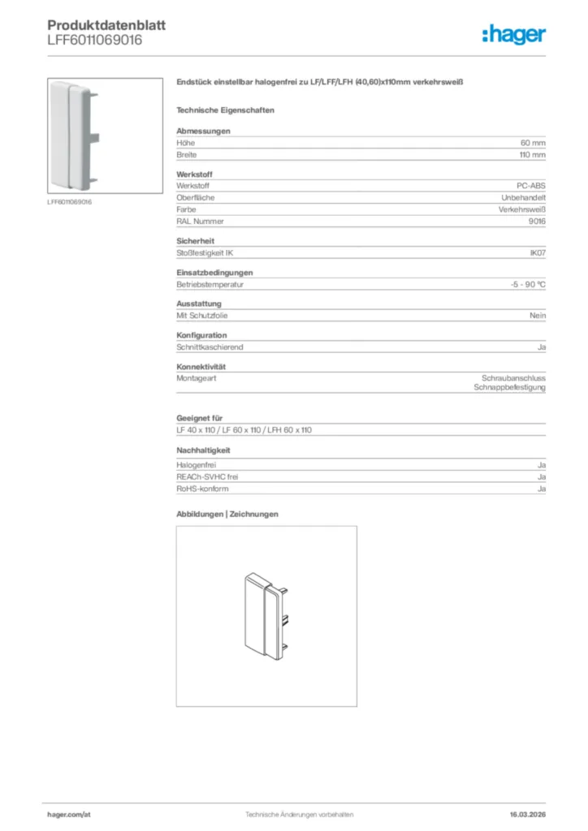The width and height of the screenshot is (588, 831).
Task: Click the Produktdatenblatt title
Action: [x=106, y=25]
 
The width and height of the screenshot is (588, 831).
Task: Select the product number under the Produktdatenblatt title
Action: [x=95, y=40]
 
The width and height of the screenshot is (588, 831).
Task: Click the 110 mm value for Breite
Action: [x=533, y=154]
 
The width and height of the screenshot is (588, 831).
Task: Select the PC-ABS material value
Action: [x=531, y=187]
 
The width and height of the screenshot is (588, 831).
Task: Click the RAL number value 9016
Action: [x=537, y=221]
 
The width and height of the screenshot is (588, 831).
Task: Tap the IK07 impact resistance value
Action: [x=537, y=253]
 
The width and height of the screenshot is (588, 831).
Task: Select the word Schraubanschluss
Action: [x=513, y=378]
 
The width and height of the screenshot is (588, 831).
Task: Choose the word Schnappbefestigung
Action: [x=510, y=388]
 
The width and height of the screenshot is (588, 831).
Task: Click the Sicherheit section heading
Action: [x=195, y=241]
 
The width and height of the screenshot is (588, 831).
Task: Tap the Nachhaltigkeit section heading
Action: [x=203, y=450]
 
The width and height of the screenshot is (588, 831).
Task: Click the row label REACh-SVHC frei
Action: [x=207, y=478]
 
